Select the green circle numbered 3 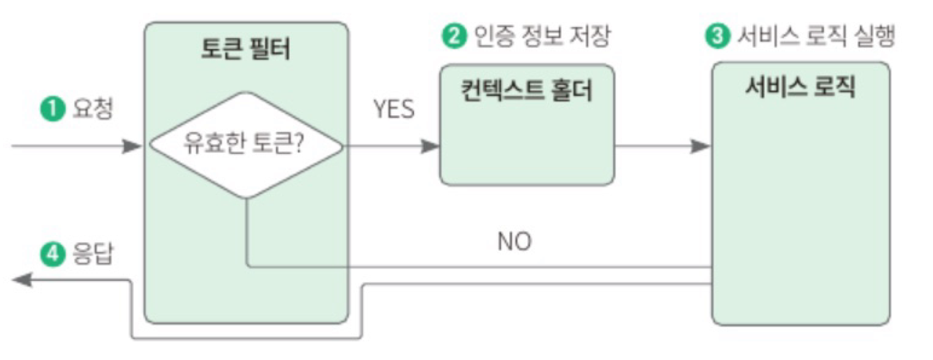tap(714, 37)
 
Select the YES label tap(393, 109)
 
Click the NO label tap(514, 242)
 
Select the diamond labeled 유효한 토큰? tap(245, 146)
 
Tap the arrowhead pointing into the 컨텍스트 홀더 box tap(431, 147)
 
